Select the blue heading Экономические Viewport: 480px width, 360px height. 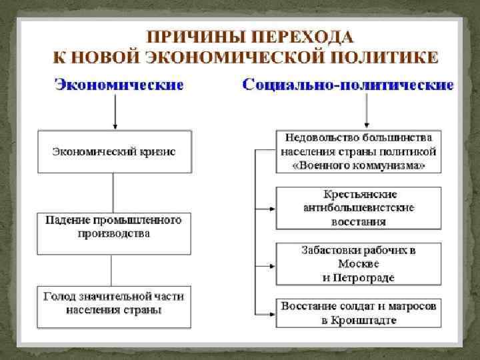point(119,85)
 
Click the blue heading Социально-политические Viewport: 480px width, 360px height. point(348,85)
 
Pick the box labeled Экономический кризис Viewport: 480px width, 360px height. point(114,152)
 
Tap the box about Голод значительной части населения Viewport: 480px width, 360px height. point(114,305)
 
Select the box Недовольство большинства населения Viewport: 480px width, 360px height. point(359,152)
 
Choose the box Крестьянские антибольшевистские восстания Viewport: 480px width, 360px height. point(359,207)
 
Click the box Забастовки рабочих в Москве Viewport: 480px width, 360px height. point(359,263)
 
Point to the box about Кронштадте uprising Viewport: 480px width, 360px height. point(359,313)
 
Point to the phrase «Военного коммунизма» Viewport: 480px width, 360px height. point(359,165)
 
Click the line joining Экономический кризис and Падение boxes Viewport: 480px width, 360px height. point(113,193)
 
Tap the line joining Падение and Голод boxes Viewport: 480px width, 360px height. point(113,269)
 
